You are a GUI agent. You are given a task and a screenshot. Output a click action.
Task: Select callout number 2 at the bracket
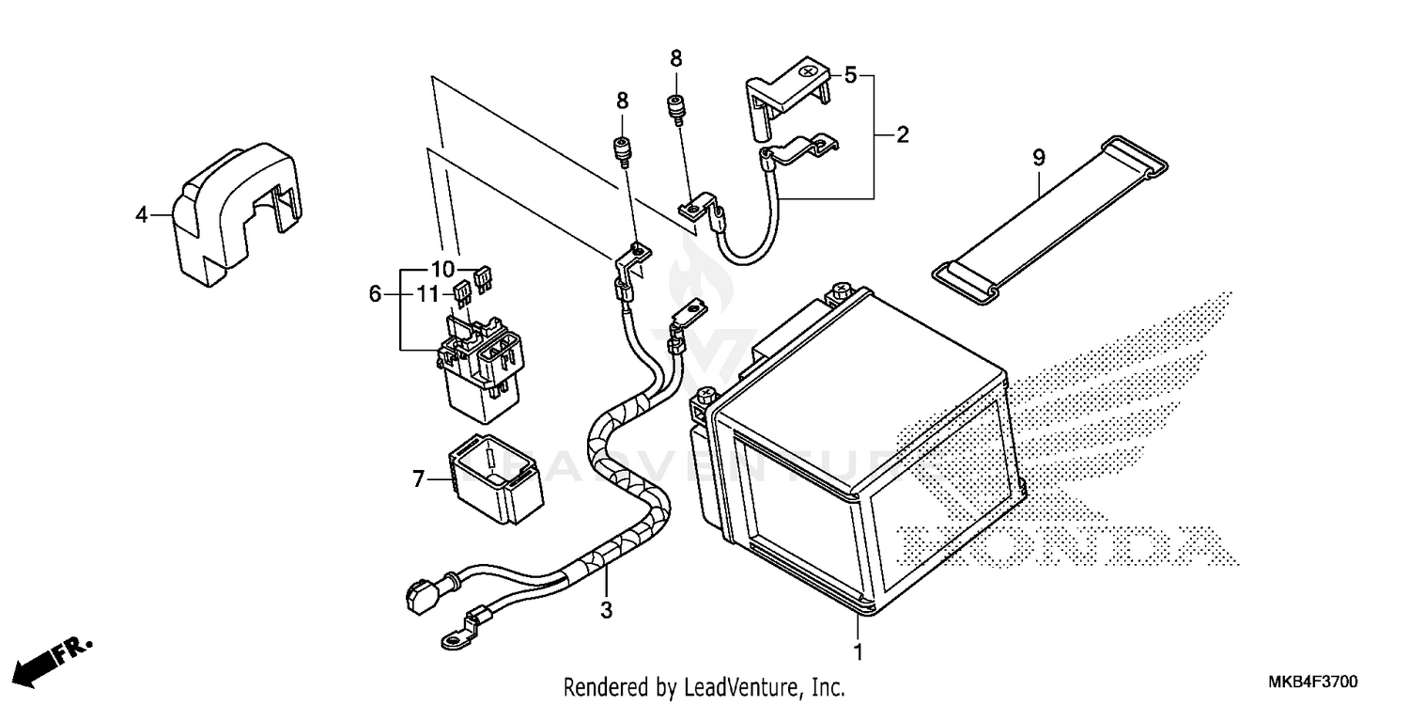tap(902, 135)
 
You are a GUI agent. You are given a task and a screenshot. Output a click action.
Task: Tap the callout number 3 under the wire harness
tap(607, 611)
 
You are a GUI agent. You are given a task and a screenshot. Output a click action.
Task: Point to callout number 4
tap(141, 215)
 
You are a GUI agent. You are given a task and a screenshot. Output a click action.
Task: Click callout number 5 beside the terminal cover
tap(850, 75)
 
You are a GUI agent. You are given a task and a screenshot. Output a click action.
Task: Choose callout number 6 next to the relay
tap(375, 294)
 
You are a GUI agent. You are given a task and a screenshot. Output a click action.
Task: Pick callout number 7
tap(419, 480)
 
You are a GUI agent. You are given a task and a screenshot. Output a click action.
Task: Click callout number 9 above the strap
tap(1039, 158)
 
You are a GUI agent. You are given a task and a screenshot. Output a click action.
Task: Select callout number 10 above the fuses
tap(442, 268)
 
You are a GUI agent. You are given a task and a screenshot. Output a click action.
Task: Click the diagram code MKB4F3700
tap(1313, 681)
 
